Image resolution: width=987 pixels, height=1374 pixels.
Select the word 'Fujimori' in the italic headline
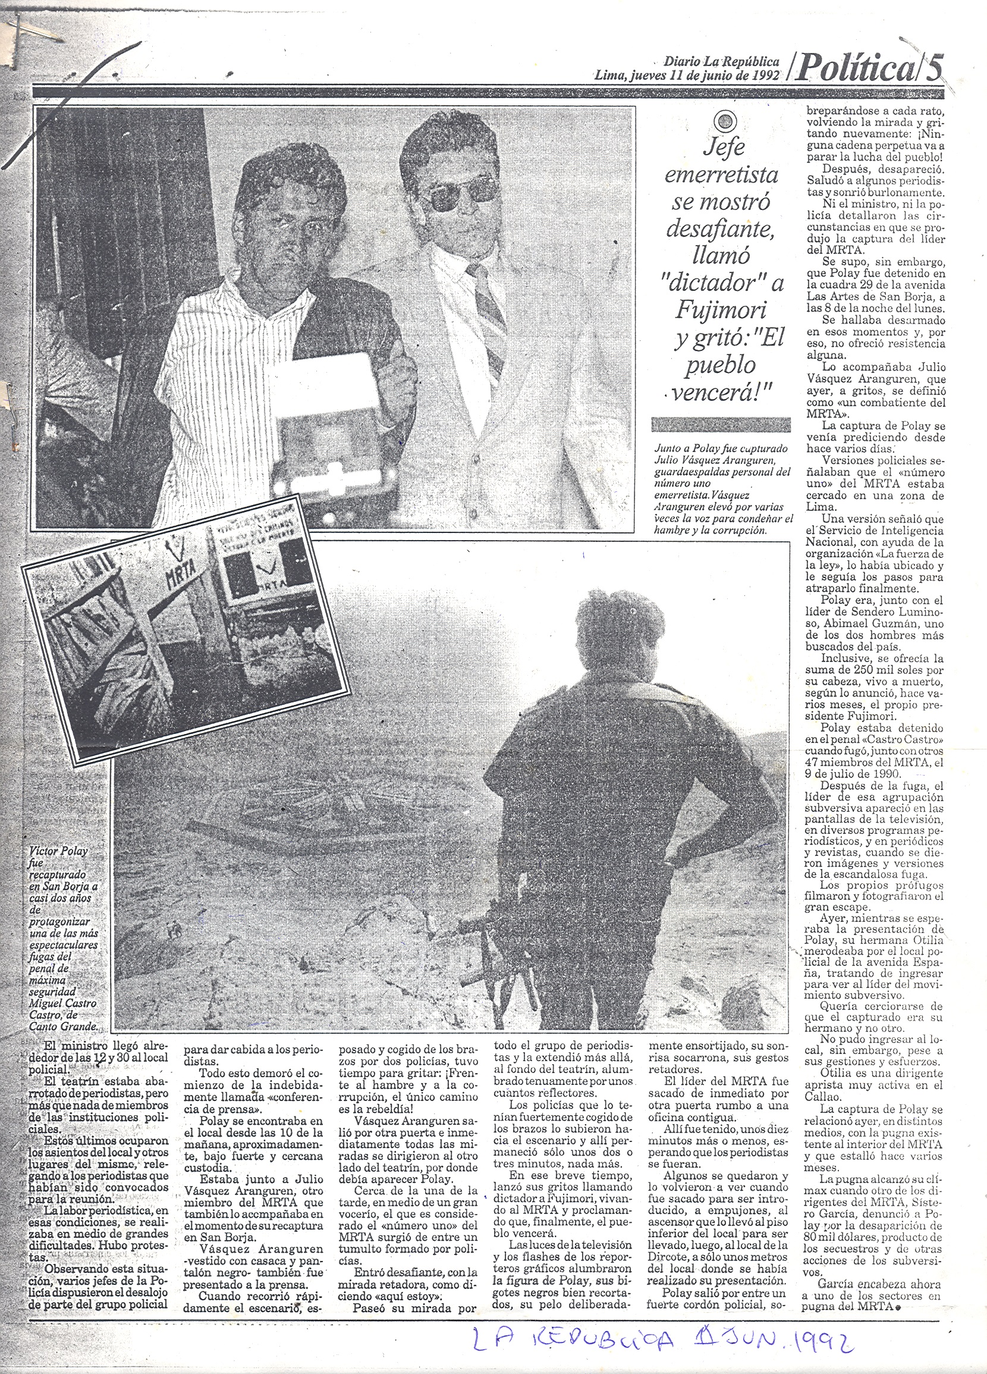tap(721, 309)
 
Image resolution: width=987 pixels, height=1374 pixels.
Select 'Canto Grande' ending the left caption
tap(62, 1027)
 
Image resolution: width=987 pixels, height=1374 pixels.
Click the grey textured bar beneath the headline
tap(721, 424)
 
